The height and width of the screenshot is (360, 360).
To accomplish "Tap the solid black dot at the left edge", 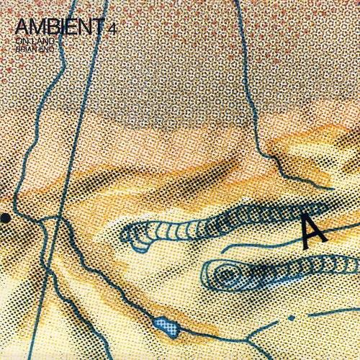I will click(4, 217).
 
